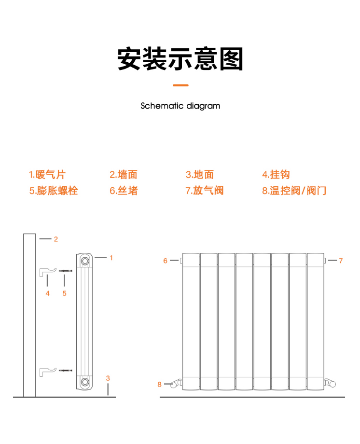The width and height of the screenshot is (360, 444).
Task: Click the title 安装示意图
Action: tap(180, 59)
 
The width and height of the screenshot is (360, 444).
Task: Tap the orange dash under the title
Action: tap(180, 85)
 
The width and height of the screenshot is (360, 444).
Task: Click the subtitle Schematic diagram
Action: tap(180, 106)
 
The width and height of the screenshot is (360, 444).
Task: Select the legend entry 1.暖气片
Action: tap(47, 174)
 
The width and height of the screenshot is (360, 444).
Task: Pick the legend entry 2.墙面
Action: tap(124, 174)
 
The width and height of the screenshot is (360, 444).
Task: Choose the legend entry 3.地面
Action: tap(200, 174)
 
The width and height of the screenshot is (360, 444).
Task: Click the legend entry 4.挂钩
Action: tap(276, 174)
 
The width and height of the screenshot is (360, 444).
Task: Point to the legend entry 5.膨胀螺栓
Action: tap(54, 191)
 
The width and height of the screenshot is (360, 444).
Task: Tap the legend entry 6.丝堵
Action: tap(124, 191)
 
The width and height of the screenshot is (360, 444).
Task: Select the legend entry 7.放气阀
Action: tap(205, 191)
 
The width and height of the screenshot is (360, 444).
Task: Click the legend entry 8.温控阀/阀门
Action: tap(294, 191)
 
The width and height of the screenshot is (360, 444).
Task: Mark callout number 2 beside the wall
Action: tap(56, 239)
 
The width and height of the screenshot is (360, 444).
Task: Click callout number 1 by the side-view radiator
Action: tap(111, 258)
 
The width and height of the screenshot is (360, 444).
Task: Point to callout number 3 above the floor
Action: tap(108, 378)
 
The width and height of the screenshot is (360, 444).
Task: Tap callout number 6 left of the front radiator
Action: tap(165, 261)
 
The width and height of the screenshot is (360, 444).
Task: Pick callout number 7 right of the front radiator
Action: tap(341, 261)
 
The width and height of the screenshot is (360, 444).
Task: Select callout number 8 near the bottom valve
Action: tap(159, 385)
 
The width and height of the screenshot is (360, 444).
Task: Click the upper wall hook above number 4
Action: tap(42, 272)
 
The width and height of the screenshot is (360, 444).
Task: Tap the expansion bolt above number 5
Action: tap(66, 271)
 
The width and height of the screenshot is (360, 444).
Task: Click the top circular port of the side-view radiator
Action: tap(85, 261)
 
